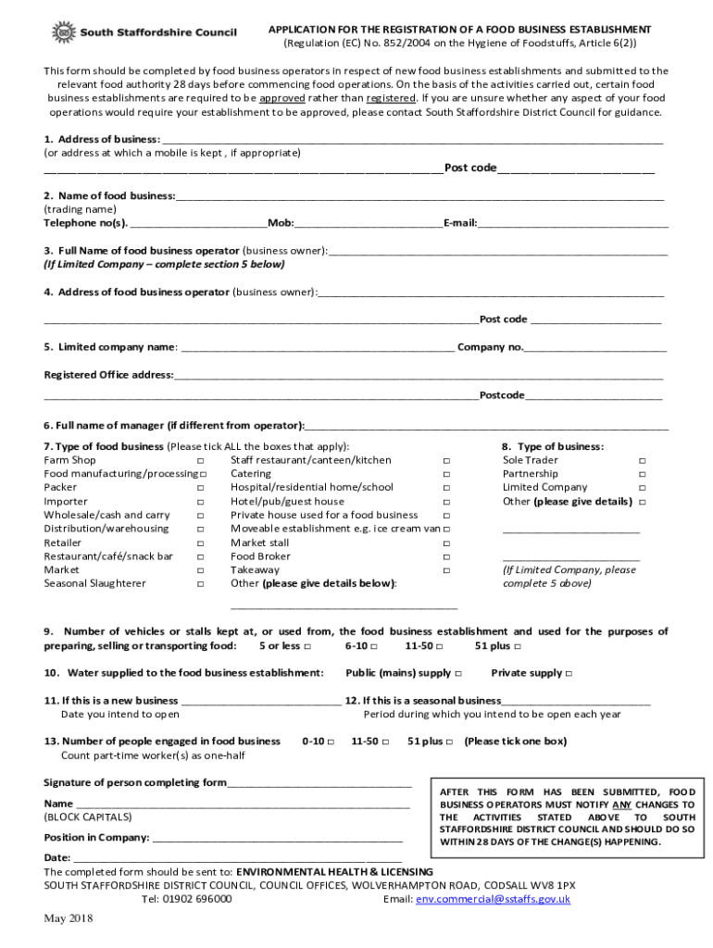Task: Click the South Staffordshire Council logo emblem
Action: (x=64, y=33)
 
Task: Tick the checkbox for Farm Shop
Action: (x=200, y=460)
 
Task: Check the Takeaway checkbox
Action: (x=446, y=570)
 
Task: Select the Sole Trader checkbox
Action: (x=643, y=460)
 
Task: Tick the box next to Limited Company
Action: (x=643, y=488)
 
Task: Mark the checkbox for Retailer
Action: (x=200, y=543)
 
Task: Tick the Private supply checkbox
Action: (x=569, y=673)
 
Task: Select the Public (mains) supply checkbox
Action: (x=458, y=673)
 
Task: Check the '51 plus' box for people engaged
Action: (x=449, y=742)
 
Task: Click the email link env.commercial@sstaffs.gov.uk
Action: (x=493, y=899)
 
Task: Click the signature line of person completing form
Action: (x=319, y=784)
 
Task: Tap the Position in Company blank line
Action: (x=277, y=839)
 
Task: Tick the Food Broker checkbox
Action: (x=446, y=556)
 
